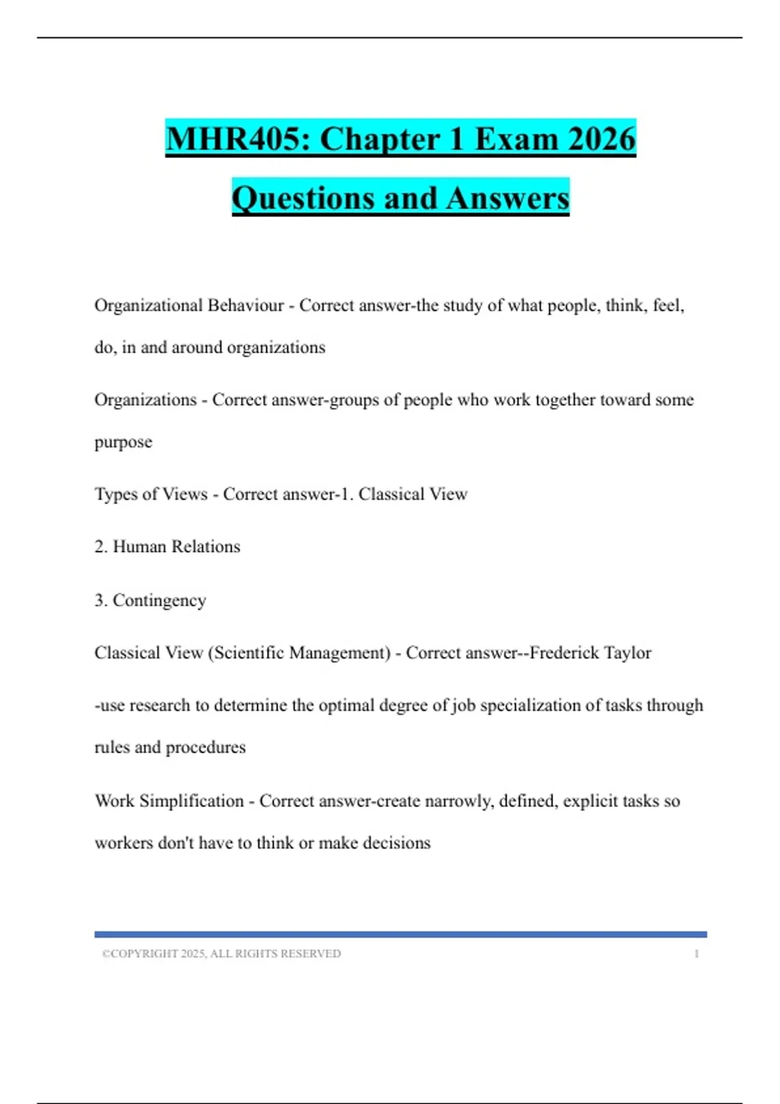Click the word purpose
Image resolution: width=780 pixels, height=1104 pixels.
123,442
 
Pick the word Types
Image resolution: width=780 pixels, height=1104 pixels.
116,494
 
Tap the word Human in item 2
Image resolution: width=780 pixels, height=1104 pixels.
139,547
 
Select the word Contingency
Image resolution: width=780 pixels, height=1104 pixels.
159,601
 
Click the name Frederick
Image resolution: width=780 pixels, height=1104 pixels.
564,653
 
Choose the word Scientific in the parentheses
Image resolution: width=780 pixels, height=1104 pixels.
249,653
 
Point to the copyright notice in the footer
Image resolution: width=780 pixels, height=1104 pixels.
221,953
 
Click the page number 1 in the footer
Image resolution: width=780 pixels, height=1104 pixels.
696,953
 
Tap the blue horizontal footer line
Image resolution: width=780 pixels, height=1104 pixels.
400,935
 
